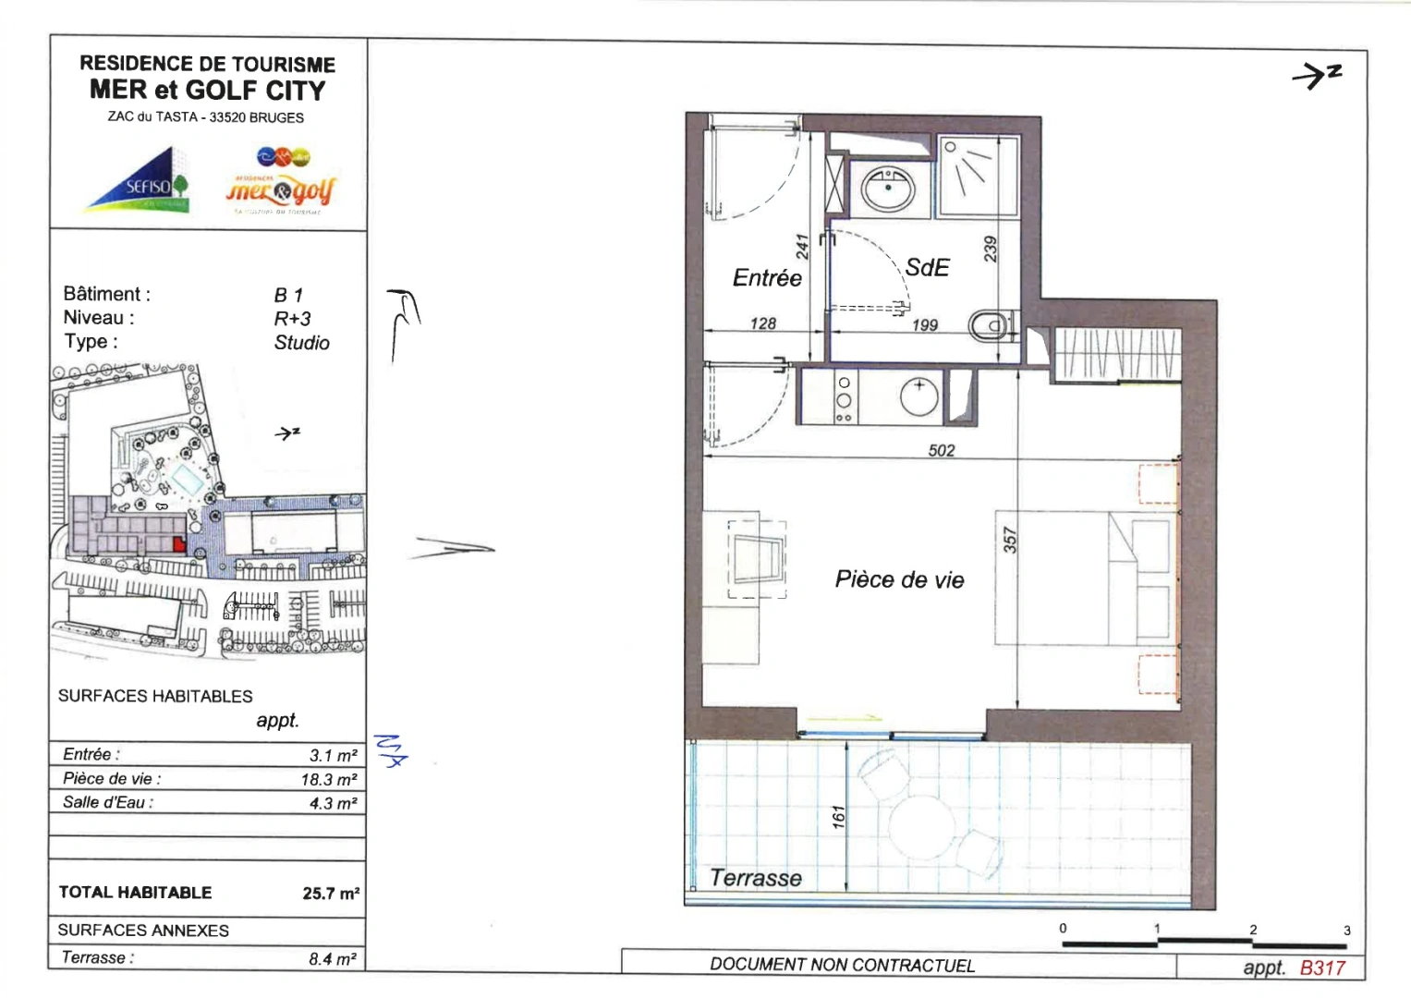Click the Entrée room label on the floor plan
[x=767, y=278]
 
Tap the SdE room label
[x=927, y=268]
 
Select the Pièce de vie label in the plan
[x=899, y=579]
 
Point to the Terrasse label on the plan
[x=755, y=878]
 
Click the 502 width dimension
[x=941, y=450]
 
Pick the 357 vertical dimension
[x=1009, y=540]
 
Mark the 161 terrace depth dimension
[x=838, y=817]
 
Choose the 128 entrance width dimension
[x=762, y=323]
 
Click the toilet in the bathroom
[x=990, y=325]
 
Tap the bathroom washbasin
[x=888, y=189]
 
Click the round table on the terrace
[x=923, y=824]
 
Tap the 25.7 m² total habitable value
[x=330, y=894]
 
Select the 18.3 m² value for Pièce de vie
[x=328, y=779]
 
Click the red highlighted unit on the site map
[x=178, y=543]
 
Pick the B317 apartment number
[x=1322, y=968]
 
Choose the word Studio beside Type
[x=301, y=343]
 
